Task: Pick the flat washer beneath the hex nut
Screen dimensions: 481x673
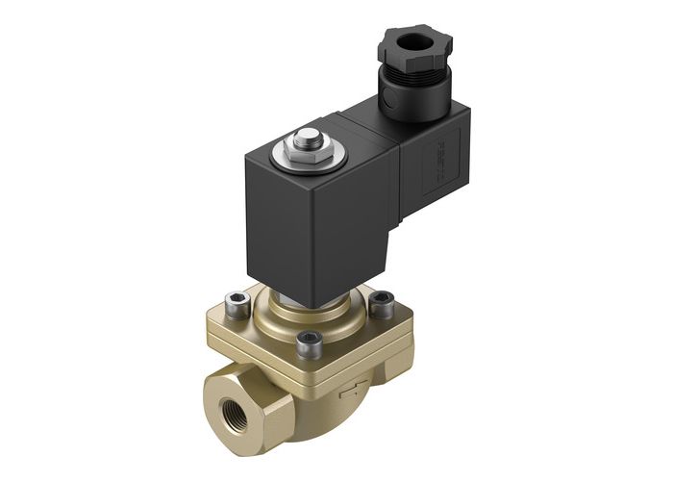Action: [307, 156]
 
